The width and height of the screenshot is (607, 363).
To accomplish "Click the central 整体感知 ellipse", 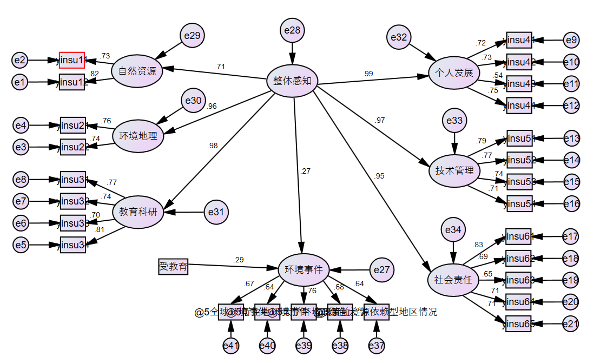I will tap(292, 81).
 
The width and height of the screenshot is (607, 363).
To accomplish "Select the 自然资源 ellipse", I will tap(137, 71).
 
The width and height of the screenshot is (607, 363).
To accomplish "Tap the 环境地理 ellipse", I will tap(138, 136).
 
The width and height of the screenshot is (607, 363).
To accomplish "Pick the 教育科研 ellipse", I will tap(138, 212).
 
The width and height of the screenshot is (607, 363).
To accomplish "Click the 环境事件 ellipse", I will tap(303, 269).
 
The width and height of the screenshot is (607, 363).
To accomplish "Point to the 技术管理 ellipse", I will tap(454, 170).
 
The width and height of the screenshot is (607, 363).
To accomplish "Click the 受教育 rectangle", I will tap(174, 266).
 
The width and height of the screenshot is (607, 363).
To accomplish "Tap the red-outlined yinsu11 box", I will tap(72, 60).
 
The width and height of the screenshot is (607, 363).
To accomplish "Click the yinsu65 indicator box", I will tap(519, 324).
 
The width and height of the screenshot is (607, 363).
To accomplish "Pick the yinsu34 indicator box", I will tap(72, 245).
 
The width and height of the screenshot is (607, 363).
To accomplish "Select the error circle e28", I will tap(292, 30).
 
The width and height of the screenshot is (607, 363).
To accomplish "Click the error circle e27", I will tap(382, 269).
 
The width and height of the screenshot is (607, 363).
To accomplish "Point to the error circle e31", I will tap(216, 212).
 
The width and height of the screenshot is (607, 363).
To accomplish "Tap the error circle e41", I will tap(231, 345).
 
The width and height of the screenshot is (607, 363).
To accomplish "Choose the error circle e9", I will tap(571, 40).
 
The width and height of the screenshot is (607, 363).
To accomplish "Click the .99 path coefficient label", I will tap(368, 74).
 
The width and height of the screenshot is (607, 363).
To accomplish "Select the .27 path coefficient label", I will tap(305, 171).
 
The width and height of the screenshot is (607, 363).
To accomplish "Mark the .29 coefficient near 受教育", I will tap(239, 260).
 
